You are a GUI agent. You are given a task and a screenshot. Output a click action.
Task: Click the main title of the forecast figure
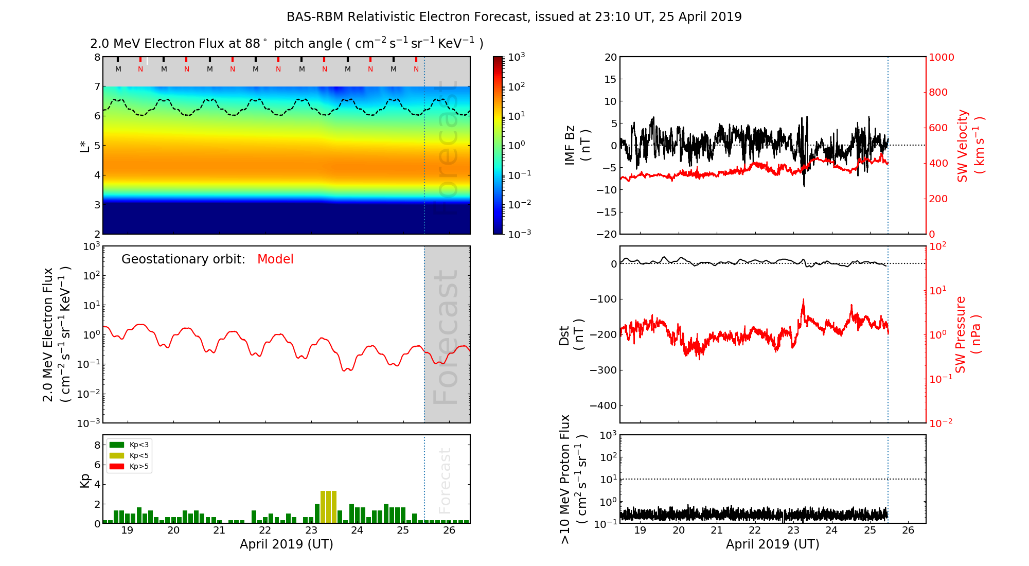[514, 17]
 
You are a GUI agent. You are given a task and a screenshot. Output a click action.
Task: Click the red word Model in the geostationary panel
[275, 259]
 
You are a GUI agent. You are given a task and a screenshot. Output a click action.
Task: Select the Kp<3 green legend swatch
[117, 445]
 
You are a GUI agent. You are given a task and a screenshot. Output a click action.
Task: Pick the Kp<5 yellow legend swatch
[117, 455]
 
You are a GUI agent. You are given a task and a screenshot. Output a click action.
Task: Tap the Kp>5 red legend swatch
[117, 467]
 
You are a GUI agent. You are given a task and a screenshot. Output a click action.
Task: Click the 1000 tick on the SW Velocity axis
[941, 57]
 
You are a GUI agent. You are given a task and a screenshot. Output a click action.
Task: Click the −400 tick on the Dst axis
[603, 405]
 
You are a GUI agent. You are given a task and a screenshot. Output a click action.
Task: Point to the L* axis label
[85, 146]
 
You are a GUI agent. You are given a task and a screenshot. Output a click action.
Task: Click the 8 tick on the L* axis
[97, 57]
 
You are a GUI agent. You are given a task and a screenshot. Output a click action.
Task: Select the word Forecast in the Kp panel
[445, 481]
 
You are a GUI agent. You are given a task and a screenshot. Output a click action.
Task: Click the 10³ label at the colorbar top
[517, 57]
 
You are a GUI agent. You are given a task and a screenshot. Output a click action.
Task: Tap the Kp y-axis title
[85, 480]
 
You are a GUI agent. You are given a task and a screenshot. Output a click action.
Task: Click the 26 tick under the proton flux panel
[908, 530]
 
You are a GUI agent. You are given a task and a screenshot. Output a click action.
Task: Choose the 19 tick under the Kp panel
[127, 530]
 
